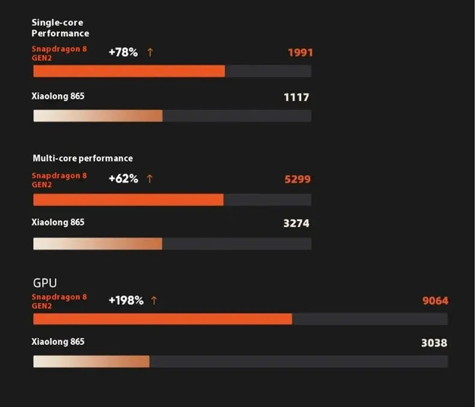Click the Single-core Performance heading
point(60,28)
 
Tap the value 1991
point(300,52)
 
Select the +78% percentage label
point(123,52)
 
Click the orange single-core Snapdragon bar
point(129,71)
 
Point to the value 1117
point(296,97)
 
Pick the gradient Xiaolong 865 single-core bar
point(97,116)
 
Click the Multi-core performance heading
point(82,158)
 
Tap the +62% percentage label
point(123,179)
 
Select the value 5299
point(298,179)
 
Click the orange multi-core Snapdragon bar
point(128,200)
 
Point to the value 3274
point(296,223)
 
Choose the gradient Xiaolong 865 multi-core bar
point(97,243)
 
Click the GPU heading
point(44,282)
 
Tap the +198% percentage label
point(126,300)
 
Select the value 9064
point(435,300)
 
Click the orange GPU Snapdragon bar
point(162,319)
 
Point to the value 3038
point(434,343)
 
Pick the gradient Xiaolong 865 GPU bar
point(91,361)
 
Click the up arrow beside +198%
point(154,300)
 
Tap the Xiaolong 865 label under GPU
point(58,342)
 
